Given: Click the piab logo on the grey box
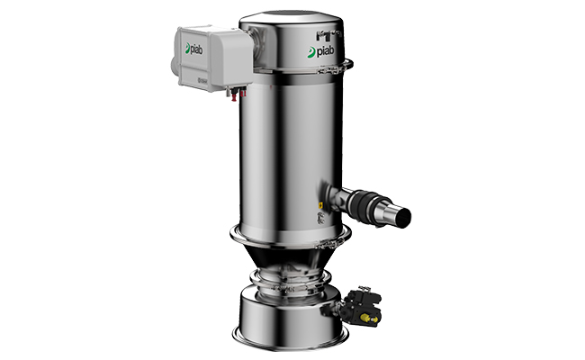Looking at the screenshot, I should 194,49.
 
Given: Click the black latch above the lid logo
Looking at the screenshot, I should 326,33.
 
